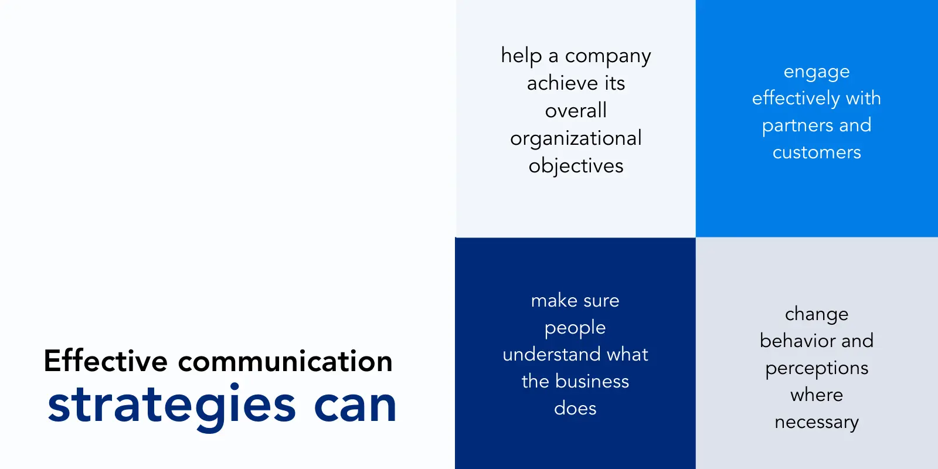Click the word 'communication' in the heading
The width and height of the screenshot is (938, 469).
[x=285, y=361]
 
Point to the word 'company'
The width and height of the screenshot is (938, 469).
[x=608, y=57]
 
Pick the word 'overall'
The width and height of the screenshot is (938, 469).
[x=576, y=111]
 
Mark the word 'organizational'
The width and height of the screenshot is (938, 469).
[x=576, y=139]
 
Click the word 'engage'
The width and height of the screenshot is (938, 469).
[x=817, y=73]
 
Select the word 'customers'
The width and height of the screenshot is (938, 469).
[x=817, y=152]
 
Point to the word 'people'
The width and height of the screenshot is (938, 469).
[x=575, y=328]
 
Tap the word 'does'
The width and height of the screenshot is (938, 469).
[x=575, y=408]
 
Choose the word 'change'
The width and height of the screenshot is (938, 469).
[x=817, y=315]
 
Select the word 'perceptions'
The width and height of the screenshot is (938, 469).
[x=817, y=369]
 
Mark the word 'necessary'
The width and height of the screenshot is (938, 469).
[x=817, y=423]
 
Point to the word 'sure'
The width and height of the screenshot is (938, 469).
[x=602, y=301]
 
